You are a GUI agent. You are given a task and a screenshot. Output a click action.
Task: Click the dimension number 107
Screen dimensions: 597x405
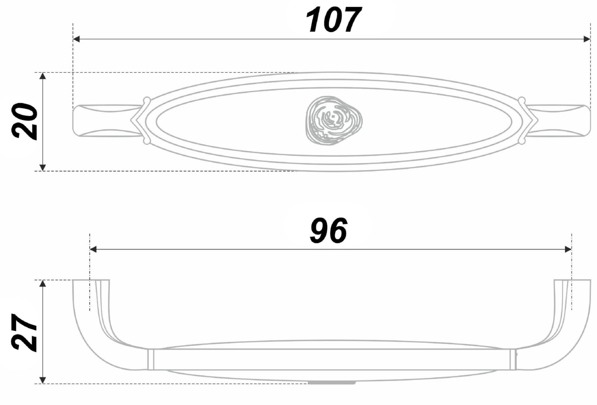click(x=334, y=20)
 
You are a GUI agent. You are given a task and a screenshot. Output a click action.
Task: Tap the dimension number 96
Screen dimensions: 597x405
click(x=328, y=230)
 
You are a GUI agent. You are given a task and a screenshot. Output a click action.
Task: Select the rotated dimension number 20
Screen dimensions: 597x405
click(x=24, y=121)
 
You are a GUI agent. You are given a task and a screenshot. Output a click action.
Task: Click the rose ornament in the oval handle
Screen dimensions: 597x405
click(x=334, y=121)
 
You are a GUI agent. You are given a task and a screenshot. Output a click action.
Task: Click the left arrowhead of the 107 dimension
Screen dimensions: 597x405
click(x=76, y=39)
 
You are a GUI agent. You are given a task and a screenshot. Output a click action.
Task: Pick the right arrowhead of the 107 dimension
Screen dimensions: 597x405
click(x=587, y=39)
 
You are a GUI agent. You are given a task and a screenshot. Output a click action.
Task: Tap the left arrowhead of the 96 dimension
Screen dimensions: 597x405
click(x=93, y=249)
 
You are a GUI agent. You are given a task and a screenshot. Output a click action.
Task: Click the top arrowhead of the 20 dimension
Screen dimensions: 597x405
click(x=43, y=76)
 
